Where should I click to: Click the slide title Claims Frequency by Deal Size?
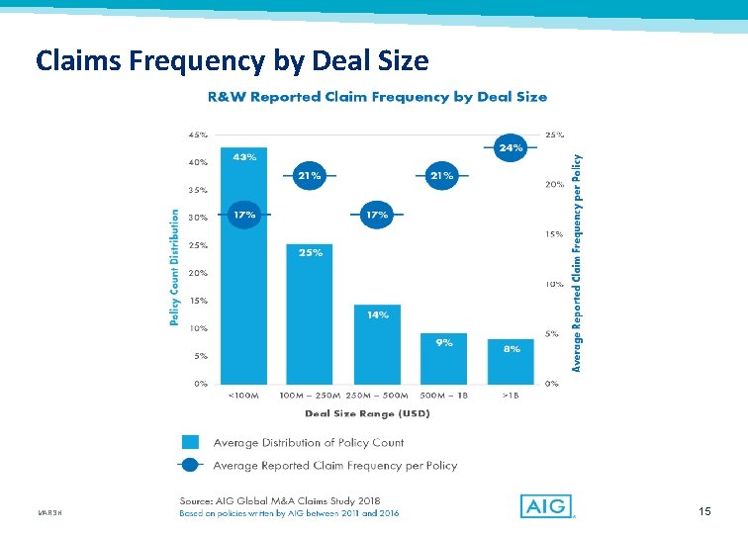click(232, 61)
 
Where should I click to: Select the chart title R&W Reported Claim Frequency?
click(376, 97)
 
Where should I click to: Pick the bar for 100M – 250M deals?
click(310, 314)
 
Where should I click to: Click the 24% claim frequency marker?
click(510, 146)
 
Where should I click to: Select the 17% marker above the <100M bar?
click(243, 215)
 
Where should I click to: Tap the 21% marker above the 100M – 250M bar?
click(310, 175)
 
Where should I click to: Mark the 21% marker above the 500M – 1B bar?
click(442, 175)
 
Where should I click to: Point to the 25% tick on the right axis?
click(554, 134)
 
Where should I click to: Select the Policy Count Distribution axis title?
click(175, 266)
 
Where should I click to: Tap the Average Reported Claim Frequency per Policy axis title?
click(579, 261)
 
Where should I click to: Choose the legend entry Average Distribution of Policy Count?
click(309, 442)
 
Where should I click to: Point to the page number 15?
click(704, 511)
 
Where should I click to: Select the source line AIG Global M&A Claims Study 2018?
click(279, 500)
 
